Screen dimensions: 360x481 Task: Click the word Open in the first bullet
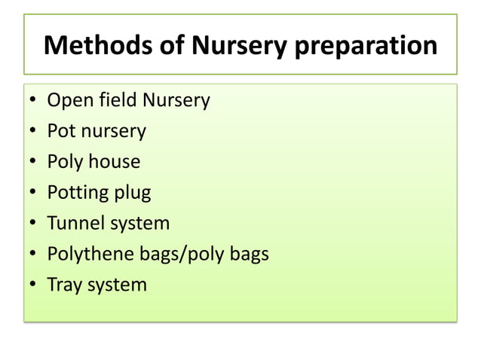(67, 100)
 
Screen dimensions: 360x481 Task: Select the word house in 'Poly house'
(112, 161)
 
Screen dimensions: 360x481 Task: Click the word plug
(132, 193)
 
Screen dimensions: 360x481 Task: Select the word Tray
(64, 285)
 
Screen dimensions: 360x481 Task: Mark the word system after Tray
(116, 285)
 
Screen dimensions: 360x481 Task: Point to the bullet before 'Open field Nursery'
(33, 101)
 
